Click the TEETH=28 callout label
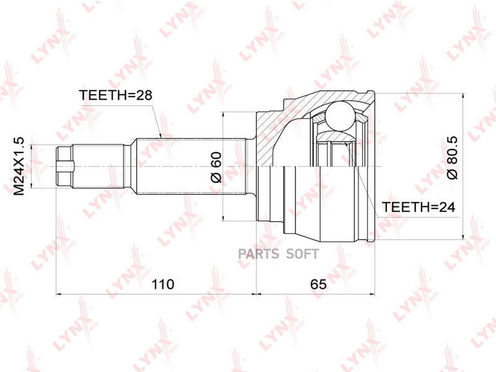116,95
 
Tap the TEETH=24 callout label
418,207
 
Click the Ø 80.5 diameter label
452,158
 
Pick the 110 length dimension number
163,284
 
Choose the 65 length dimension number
318,284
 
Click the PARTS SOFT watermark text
278,254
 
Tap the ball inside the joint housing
339,116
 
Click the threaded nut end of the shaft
64,166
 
